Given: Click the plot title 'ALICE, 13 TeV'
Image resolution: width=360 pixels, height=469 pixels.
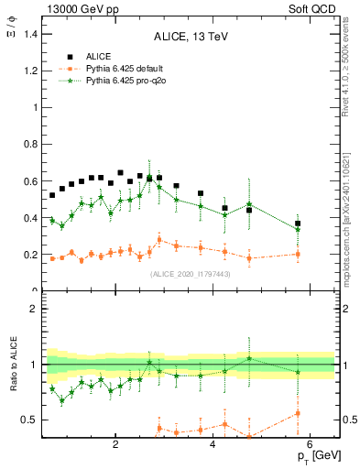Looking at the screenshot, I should coord(191,37).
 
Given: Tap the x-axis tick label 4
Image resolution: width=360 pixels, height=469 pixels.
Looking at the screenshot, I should coord(213,446).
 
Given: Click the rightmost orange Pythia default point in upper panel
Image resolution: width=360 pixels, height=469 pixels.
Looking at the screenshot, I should coord(298,255).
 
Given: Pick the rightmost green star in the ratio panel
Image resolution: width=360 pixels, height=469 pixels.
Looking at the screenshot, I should coord(298,372).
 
